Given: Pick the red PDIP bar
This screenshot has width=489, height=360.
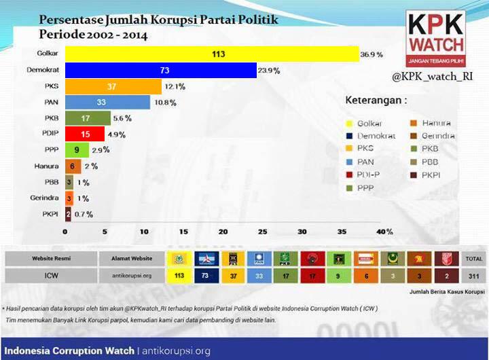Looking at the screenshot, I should click(x=84, y=134).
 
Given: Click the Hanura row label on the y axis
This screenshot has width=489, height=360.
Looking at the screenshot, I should click(x=46, y=166).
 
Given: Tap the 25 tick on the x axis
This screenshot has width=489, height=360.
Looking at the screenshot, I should click(x=263, y=232).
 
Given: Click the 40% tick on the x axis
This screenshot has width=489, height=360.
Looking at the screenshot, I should click(x=384, y=232).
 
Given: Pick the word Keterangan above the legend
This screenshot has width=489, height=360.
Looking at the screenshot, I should click(x=376, y=100).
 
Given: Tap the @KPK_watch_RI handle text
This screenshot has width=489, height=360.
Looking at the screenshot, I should click(x=431, y=77).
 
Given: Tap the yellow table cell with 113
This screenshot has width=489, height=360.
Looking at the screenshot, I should click(x=180, y=276).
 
